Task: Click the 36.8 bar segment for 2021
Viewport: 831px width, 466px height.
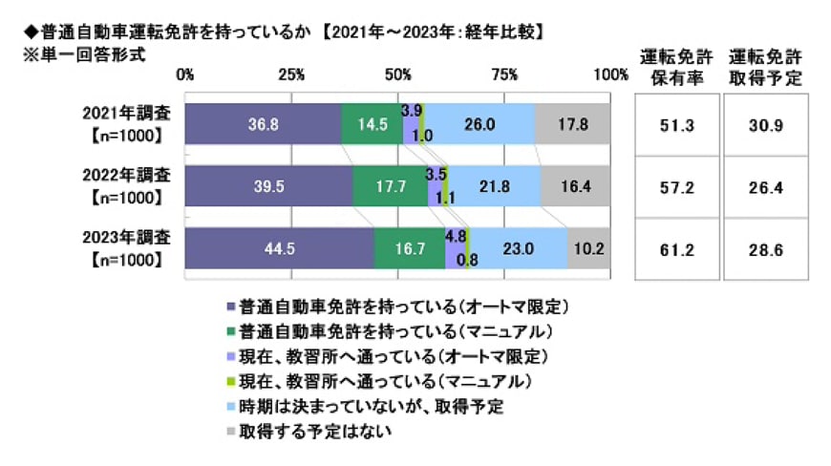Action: [x=263, y=123]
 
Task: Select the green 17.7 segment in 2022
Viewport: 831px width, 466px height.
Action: [x=390, y=188]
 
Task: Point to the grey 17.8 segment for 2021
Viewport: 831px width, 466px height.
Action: [x=572, y=123]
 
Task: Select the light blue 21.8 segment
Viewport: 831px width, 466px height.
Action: [x=495, y=188]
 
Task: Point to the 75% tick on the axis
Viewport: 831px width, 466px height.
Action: [x=505, y=74]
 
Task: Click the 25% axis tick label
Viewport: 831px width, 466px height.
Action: [x=291, y=74]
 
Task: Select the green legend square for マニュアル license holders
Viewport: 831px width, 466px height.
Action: [x=230, y=332]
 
